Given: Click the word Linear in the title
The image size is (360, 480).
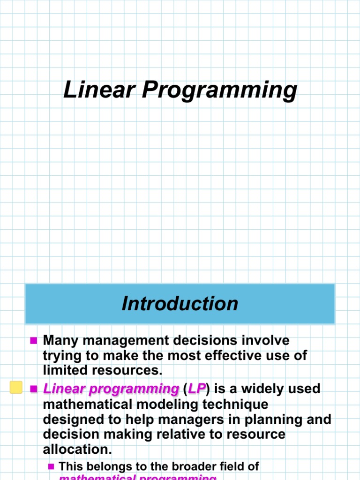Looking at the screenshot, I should pos(98,90).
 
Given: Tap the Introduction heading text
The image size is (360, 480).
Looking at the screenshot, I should pos(180,303).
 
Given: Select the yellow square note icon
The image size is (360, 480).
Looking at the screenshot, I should pos(16,388).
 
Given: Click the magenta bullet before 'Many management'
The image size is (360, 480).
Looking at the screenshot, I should pos(33,341).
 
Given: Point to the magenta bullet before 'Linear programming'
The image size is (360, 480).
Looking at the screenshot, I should pos(33,389).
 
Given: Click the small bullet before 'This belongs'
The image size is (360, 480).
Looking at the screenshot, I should pos(51,466).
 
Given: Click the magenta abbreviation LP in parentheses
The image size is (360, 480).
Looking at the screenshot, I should pos(197,389).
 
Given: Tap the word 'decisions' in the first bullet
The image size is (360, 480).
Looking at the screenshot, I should pos(210,340).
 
